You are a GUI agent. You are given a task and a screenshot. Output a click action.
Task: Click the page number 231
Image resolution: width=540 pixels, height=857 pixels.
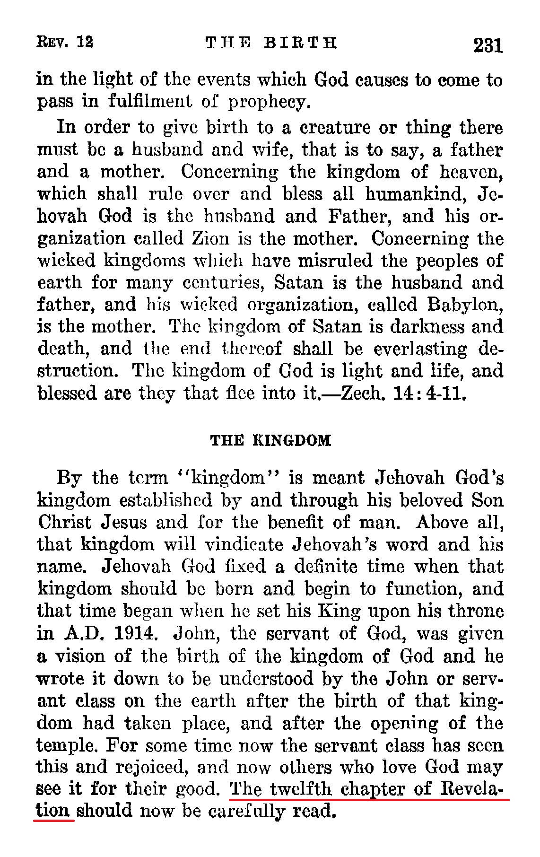(487, 45)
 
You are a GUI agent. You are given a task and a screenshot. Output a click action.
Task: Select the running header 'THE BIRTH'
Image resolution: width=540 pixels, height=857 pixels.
(271, 43)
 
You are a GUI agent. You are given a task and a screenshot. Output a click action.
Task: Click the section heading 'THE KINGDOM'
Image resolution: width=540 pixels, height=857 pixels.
(270, 441)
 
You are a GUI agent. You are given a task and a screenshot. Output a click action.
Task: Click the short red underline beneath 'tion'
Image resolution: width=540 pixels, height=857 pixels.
(54, 821)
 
